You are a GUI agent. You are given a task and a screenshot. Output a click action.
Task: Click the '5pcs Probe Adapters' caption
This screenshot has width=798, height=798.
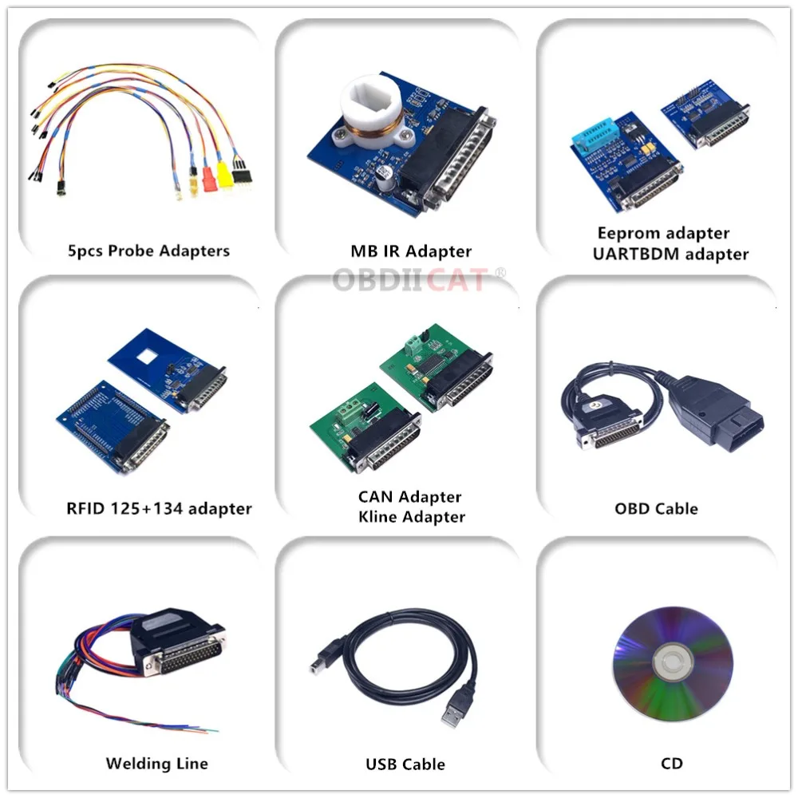(148, 251)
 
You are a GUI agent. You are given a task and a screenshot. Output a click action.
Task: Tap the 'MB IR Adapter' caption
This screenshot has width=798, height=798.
(410, 251)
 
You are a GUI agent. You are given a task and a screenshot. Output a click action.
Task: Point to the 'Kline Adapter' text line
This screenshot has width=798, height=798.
(411, 516)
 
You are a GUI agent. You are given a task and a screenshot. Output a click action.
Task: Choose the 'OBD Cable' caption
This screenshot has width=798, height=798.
(656, 508)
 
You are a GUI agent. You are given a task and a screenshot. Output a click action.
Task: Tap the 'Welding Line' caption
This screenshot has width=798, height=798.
(156, 764)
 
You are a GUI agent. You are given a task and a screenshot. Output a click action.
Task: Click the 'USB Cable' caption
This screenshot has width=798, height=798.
(405, 764)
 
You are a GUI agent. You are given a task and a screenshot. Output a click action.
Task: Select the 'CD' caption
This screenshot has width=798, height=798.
(672, 764)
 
